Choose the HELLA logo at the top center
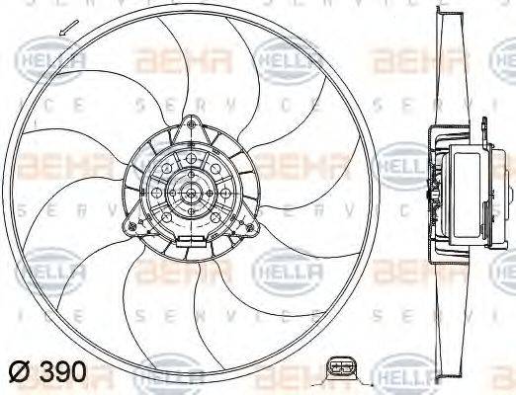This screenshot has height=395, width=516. pos(288,61)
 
